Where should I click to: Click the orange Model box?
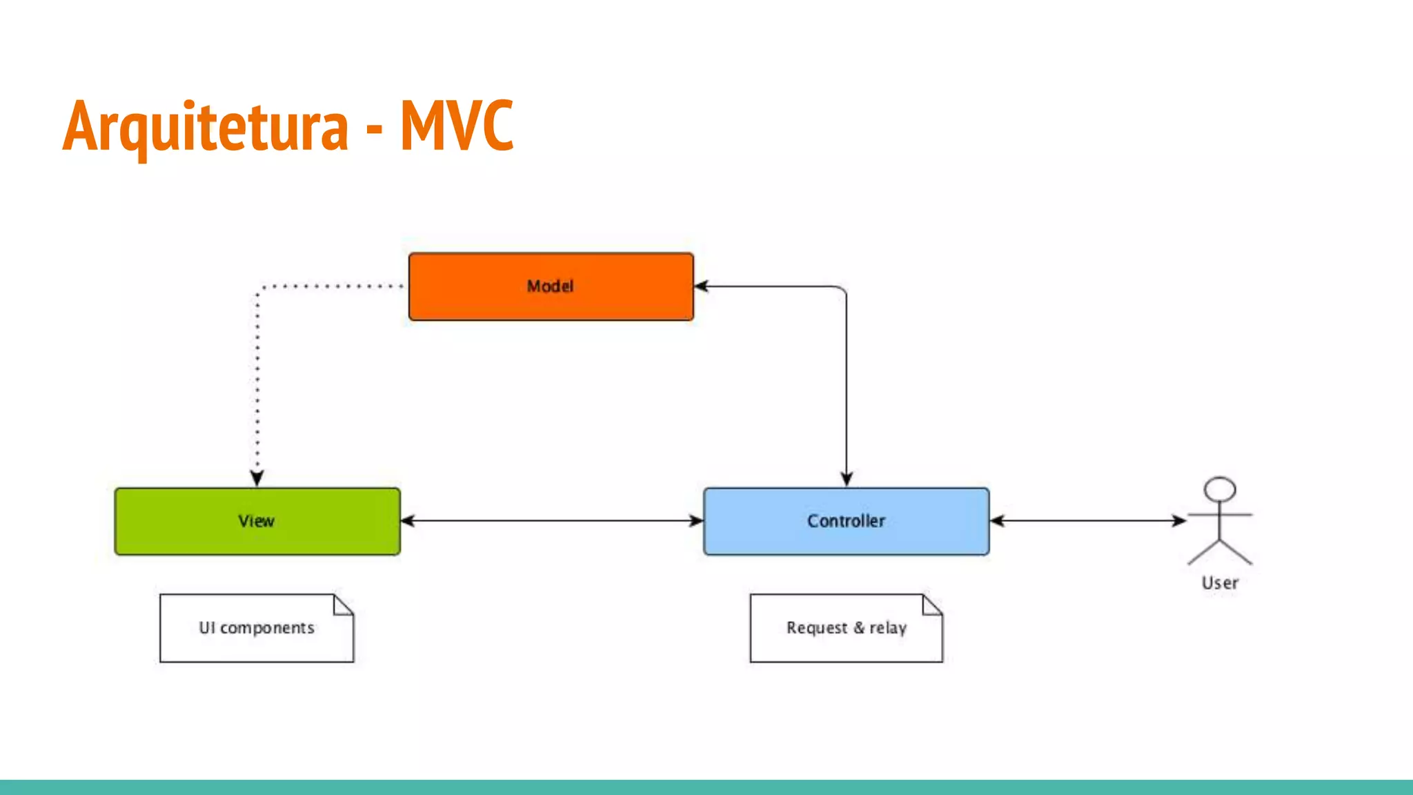coord(551,286)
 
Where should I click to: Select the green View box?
coord(257,521)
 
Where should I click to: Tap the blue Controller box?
coord(846,521)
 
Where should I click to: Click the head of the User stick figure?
coord(1219,489)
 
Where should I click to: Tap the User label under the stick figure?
coord(1219,583)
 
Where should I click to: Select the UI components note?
coord(256,628)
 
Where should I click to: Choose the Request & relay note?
coord(846,628)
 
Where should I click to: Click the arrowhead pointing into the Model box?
coord(702,286)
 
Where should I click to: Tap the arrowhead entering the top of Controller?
coord(847,479)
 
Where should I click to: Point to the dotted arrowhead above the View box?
coord(257,478)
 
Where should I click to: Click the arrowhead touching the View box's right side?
coord(408,520)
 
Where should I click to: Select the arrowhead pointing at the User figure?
coord(1179,520)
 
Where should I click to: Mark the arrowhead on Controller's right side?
coord(997,520)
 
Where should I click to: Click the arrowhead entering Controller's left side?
coord(696,520)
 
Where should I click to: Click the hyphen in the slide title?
coord(374,128)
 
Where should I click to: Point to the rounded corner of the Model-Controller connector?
coord(842,290)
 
